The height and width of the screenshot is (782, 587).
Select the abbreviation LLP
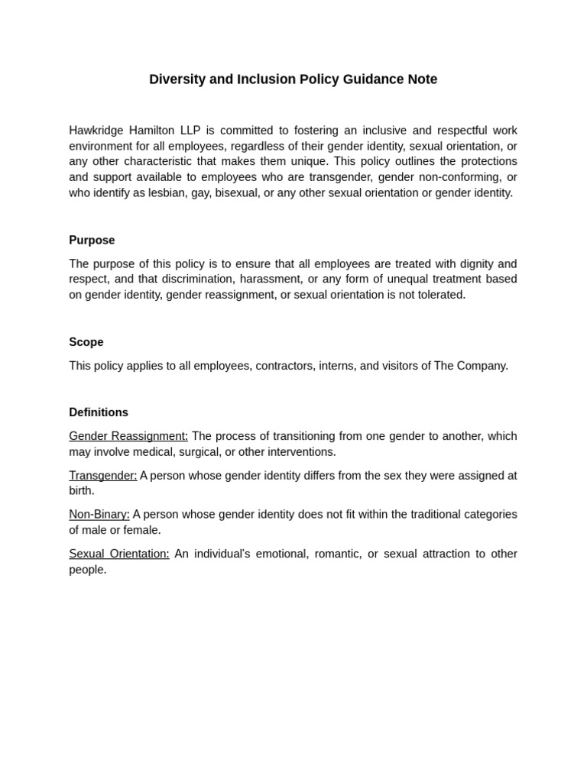(x=190, y=131)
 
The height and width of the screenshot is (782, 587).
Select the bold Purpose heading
(x=92, y=240)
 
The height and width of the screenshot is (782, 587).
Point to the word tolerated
(x=439, y=295)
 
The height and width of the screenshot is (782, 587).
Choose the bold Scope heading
(x=86, y=342)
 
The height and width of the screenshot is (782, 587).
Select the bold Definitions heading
(x=99, y=412)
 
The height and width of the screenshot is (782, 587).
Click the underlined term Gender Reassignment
(x=128, y=436)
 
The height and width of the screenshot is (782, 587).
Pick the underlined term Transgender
(x=103, y=475)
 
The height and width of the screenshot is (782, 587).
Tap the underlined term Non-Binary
(x=99, y=514)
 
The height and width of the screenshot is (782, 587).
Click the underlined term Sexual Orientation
(x=119, y=554)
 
